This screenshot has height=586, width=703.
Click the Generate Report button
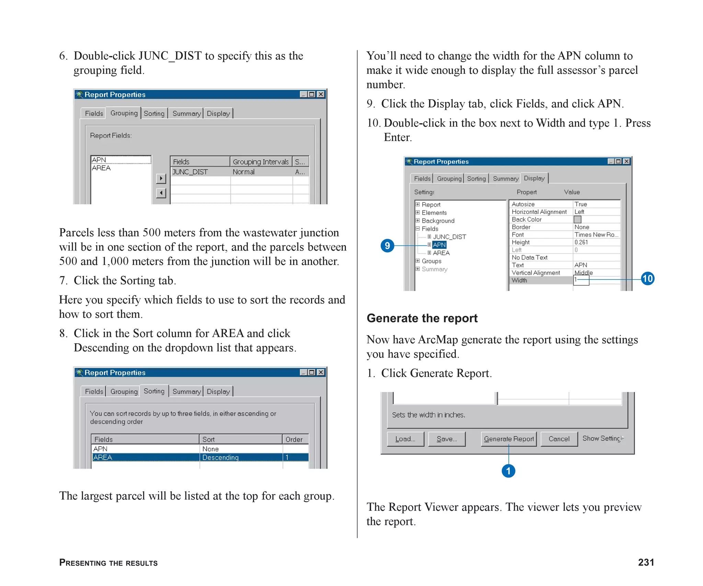click(x=509, y=439)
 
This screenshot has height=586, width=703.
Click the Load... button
click(x=405, y=439)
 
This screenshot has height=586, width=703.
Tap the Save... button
click(x=447, y=439)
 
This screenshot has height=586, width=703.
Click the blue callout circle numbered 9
click(x=388, y=245)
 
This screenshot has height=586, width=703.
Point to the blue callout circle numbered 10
click(x=647, y=278)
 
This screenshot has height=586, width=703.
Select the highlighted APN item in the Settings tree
click(x=439, y=245)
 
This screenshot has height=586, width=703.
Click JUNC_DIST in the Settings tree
click(x=449, y=237)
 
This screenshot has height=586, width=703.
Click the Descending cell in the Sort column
click(x=220, y=457)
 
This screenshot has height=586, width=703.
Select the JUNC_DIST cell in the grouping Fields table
click(x=190, y=172)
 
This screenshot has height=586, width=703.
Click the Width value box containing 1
click(x=581, y=280)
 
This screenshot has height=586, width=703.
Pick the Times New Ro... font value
click(x=596, y=235)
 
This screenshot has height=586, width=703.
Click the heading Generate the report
click(x=422, y=318)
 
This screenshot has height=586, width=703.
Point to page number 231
click(x=646, y=562)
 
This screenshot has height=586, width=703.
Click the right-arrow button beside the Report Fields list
click(x=161, y=179)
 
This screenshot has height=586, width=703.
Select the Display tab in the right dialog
click(x=534, y=178)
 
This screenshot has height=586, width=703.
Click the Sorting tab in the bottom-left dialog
click(x=154, y=391)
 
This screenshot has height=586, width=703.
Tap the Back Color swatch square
click(x=578, y=219)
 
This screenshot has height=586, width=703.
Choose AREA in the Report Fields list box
click(x=101, y=168)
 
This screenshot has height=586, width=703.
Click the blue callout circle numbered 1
click(x=508, y=471)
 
